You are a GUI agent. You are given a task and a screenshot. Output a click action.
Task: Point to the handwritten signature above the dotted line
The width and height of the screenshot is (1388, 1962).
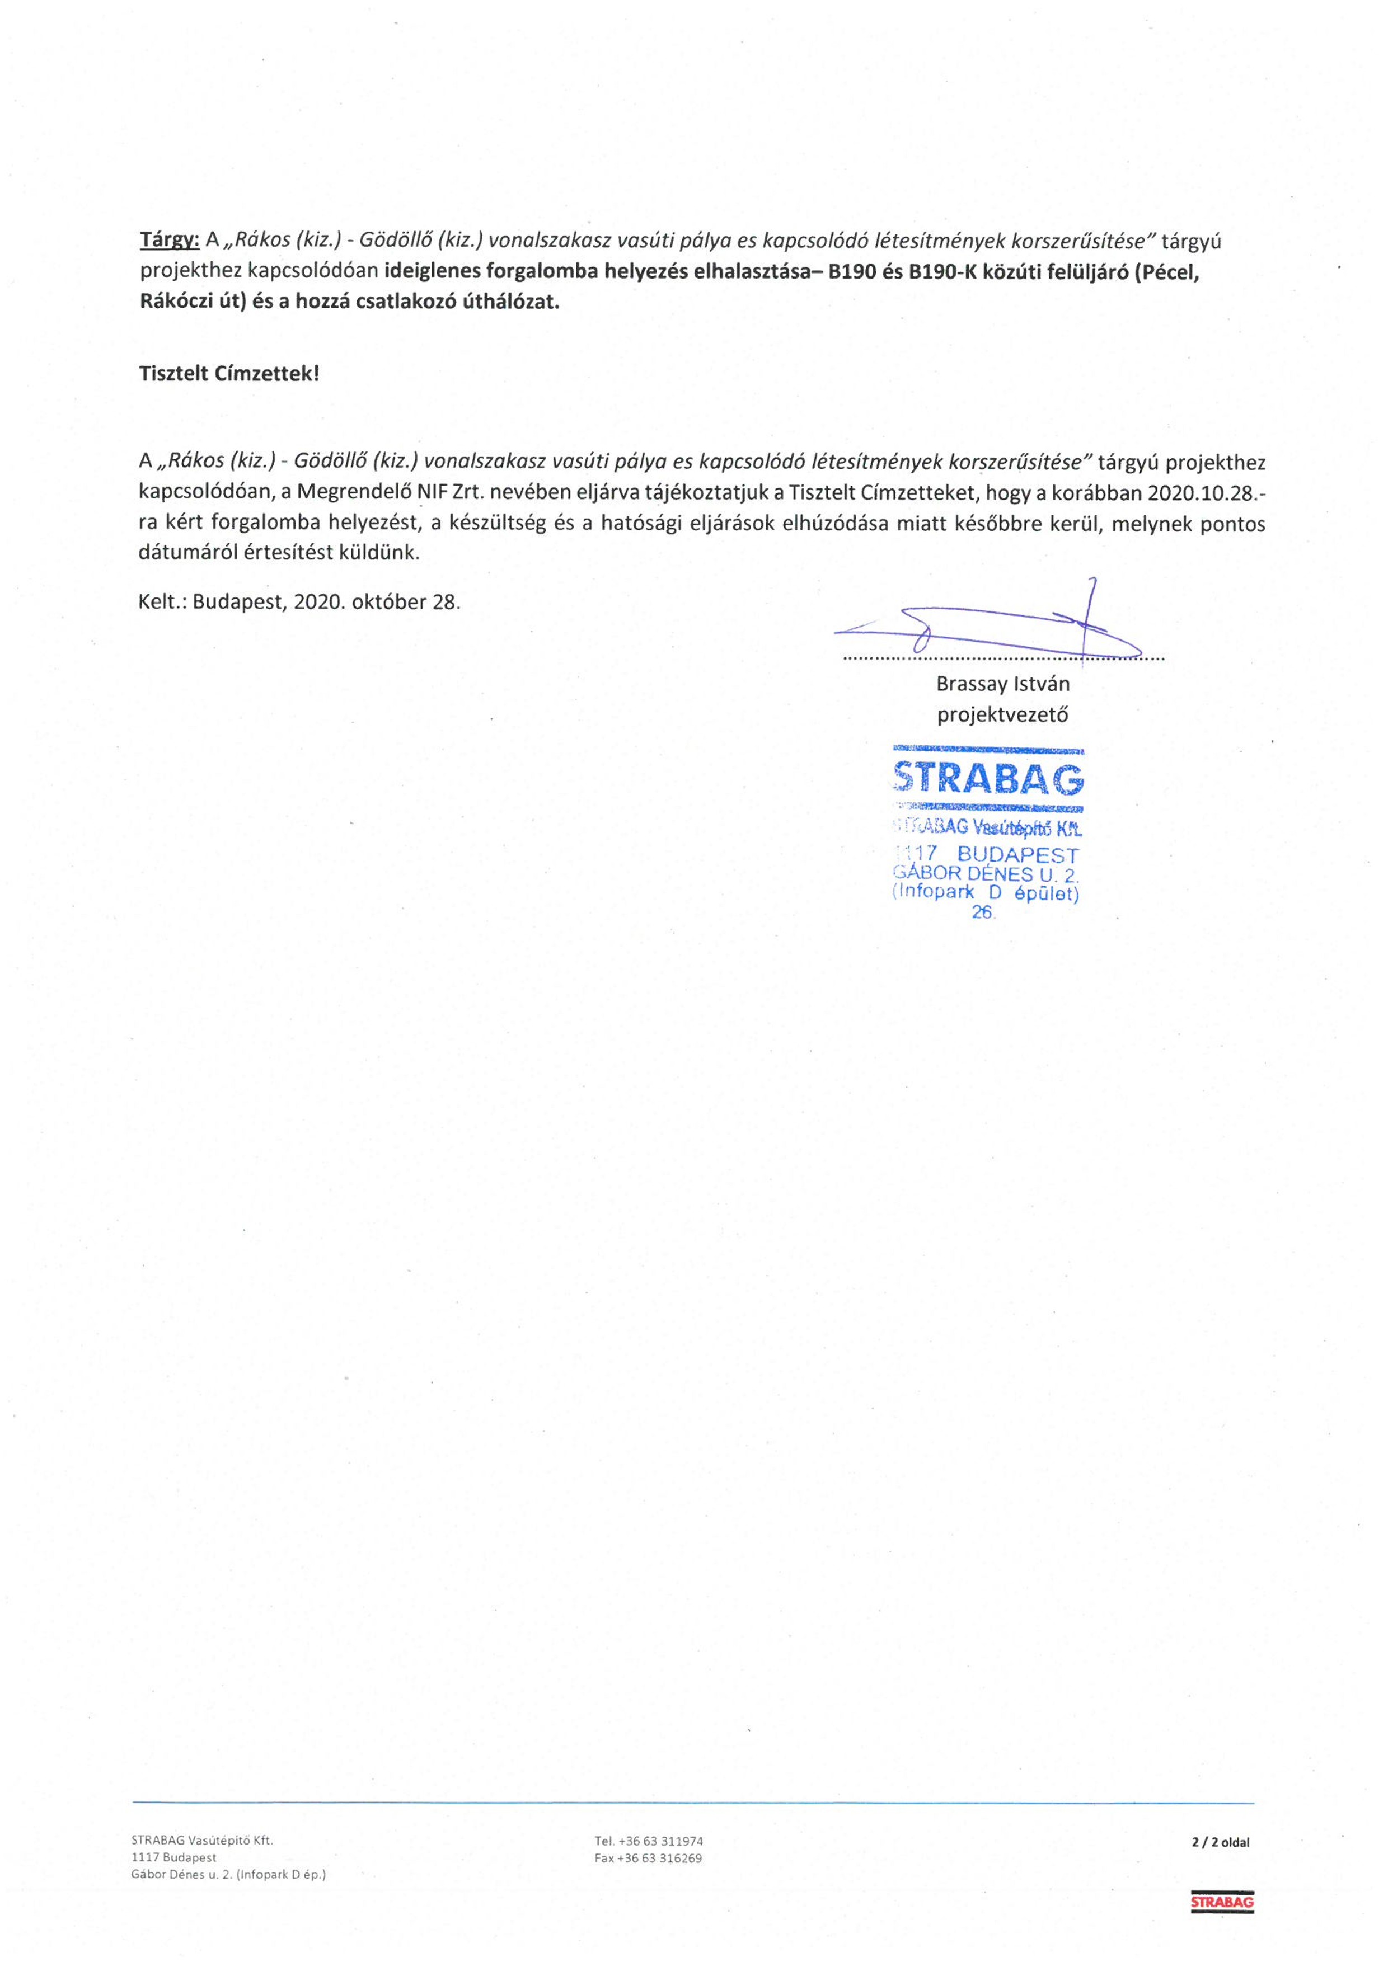(991, 628)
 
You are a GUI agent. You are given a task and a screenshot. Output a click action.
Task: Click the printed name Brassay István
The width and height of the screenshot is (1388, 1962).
(1002, 684)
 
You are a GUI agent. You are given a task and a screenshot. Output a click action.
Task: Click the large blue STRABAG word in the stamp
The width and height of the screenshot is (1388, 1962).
(988, 778)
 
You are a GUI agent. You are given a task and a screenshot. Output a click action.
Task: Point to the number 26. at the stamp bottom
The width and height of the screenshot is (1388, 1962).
(984, 912)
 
